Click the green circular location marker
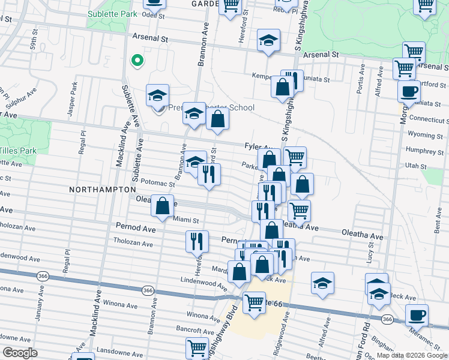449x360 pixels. [x=137, y=60]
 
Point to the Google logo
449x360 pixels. [x=19, y=352]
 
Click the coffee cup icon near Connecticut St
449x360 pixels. [x=409, y=91]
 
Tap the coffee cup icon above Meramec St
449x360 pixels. [x=417, y=314]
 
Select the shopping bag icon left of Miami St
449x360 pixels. [x=162, y=206]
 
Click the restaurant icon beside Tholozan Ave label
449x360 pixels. [x=197, y=241]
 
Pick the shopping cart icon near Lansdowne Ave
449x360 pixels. [x=197, y=347]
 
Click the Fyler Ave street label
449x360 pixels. [x=259, y=146]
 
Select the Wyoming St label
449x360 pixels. [x=424, y=136]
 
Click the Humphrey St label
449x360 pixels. [x=424, y=151]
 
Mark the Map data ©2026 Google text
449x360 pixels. [x=412, y=355]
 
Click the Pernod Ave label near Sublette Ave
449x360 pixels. [x=137, y=228]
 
